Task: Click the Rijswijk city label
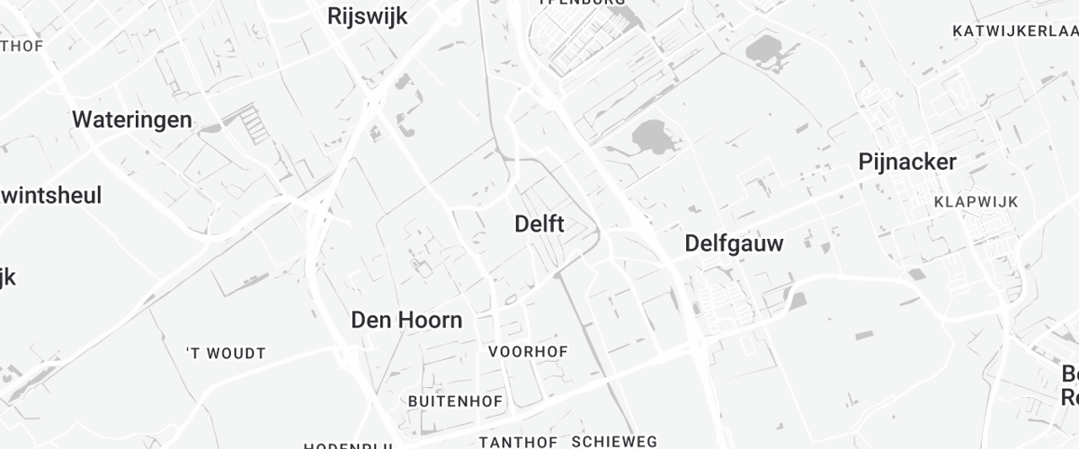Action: coord(368,16)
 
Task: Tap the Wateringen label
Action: coord(132,119)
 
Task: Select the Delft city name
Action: coord(539,224)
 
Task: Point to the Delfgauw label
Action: coord(734,243)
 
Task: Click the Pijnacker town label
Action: coord(907,162)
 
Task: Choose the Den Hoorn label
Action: coord(406,320)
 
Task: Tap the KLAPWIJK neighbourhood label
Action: coord(976,202)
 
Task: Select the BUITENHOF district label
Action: coord(455,401)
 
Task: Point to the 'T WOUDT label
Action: coord(226,354)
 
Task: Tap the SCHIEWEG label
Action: coord(614,442)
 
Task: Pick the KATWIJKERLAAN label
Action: coord(1014,31)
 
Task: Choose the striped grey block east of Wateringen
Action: coord(256,126)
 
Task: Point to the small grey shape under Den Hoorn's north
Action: coord(418,266)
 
